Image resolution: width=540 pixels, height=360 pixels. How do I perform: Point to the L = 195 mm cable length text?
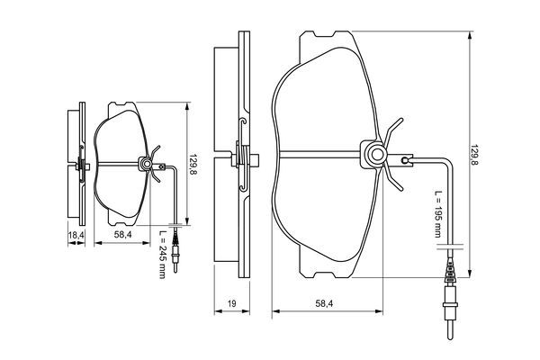437,215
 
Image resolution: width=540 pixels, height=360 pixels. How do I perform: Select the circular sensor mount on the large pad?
372,157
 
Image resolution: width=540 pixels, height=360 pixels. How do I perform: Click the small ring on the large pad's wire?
406,161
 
